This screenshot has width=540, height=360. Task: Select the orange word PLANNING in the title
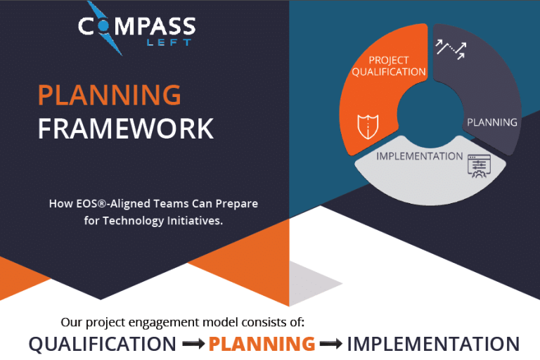pos(109,94)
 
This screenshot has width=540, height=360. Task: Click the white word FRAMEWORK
pos(125,129)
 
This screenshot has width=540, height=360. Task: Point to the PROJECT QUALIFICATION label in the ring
pos(389,65)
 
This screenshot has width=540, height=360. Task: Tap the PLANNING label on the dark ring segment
pos(492,122)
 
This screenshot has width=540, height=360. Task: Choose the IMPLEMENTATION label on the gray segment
pos(419,155)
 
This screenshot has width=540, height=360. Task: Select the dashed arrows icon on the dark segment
pos(450,49)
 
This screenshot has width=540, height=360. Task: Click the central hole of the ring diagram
pos(428,112)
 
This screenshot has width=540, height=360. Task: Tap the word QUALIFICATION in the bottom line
pos(103,344)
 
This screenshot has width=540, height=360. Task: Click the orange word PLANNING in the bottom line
pos(262,344)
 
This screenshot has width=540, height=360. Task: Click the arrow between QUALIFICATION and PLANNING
pos(193,345)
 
